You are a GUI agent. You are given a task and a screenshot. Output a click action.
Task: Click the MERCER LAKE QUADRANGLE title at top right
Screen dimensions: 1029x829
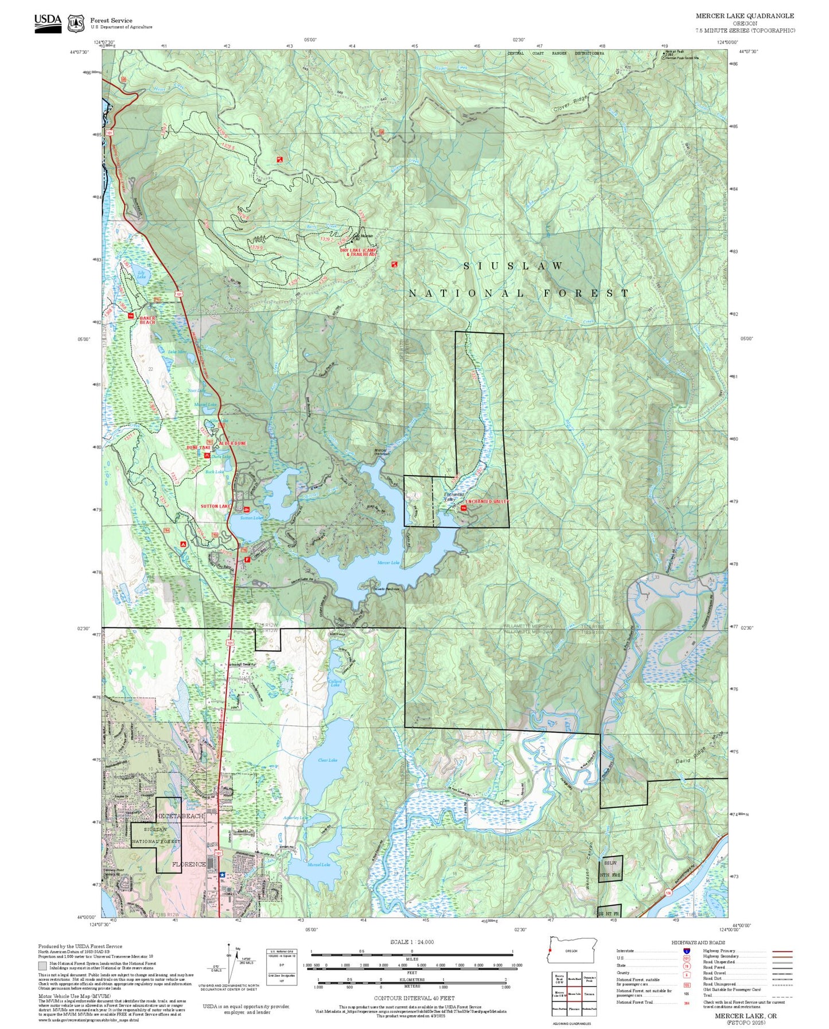coord(745,16)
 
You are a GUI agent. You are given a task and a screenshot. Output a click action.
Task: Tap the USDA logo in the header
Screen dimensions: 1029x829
coord(48,22)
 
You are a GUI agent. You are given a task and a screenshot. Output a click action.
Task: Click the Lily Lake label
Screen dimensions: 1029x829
coord(141,275)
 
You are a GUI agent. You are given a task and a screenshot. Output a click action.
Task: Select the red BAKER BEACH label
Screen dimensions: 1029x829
coord(147,320)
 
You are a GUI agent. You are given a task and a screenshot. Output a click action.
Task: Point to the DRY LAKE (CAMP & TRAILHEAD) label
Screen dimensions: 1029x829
coord(359,252)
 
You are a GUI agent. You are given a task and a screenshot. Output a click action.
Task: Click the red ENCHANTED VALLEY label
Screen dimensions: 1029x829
coord(487,502)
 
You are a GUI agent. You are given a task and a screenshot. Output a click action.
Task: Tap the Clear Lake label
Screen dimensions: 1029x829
coord(328,760)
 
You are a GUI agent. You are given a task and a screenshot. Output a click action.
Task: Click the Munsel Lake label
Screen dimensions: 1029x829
coord(318,864)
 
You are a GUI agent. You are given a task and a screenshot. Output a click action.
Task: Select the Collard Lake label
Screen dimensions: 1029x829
coord(336,683)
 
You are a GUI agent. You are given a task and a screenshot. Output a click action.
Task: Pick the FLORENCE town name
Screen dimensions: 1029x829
coord(189,864)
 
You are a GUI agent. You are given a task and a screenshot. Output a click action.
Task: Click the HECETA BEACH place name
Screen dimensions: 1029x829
coord(179,816)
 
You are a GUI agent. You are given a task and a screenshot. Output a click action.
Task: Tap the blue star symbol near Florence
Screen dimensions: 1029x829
coord(222,875)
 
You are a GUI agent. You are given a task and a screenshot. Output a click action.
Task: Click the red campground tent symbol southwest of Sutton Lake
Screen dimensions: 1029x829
coord(183,543)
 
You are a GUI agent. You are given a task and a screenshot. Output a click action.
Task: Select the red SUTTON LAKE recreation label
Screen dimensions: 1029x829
coord(216,506)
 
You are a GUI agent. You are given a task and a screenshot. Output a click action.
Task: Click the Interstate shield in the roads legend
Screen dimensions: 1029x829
coord(686,951)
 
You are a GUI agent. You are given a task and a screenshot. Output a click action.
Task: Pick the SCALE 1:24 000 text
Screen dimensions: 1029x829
coord(411,942)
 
